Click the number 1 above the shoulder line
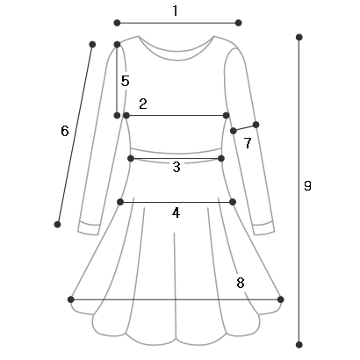tap(175, 11)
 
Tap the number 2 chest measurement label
tap(143, 104)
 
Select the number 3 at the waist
tap(176, 167)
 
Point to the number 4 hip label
tap(176, 212)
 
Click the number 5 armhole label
tap(126, 81)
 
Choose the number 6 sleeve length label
tap(65, 131)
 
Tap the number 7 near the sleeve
tap(248, 143)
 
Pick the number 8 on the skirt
tap(241, 283)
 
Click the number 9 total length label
tap(307, 185)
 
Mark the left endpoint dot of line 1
tap(117, 23)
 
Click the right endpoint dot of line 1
tap(238, 23)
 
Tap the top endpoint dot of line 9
tap(299, 37)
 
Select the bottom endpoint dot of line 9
tap(299, 344)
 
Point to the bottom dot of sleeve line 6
tap(57, 225)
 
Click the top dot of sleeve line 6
tap(92, 45)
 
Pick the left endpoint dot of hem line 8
tap(70, 299)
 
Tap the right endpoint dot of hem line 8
tap(280, 299)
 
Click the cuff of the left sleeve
tap(89, 228)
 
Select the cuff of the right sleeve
tap(263, 228)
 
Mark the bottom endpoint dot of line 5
tap(117, 115)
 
